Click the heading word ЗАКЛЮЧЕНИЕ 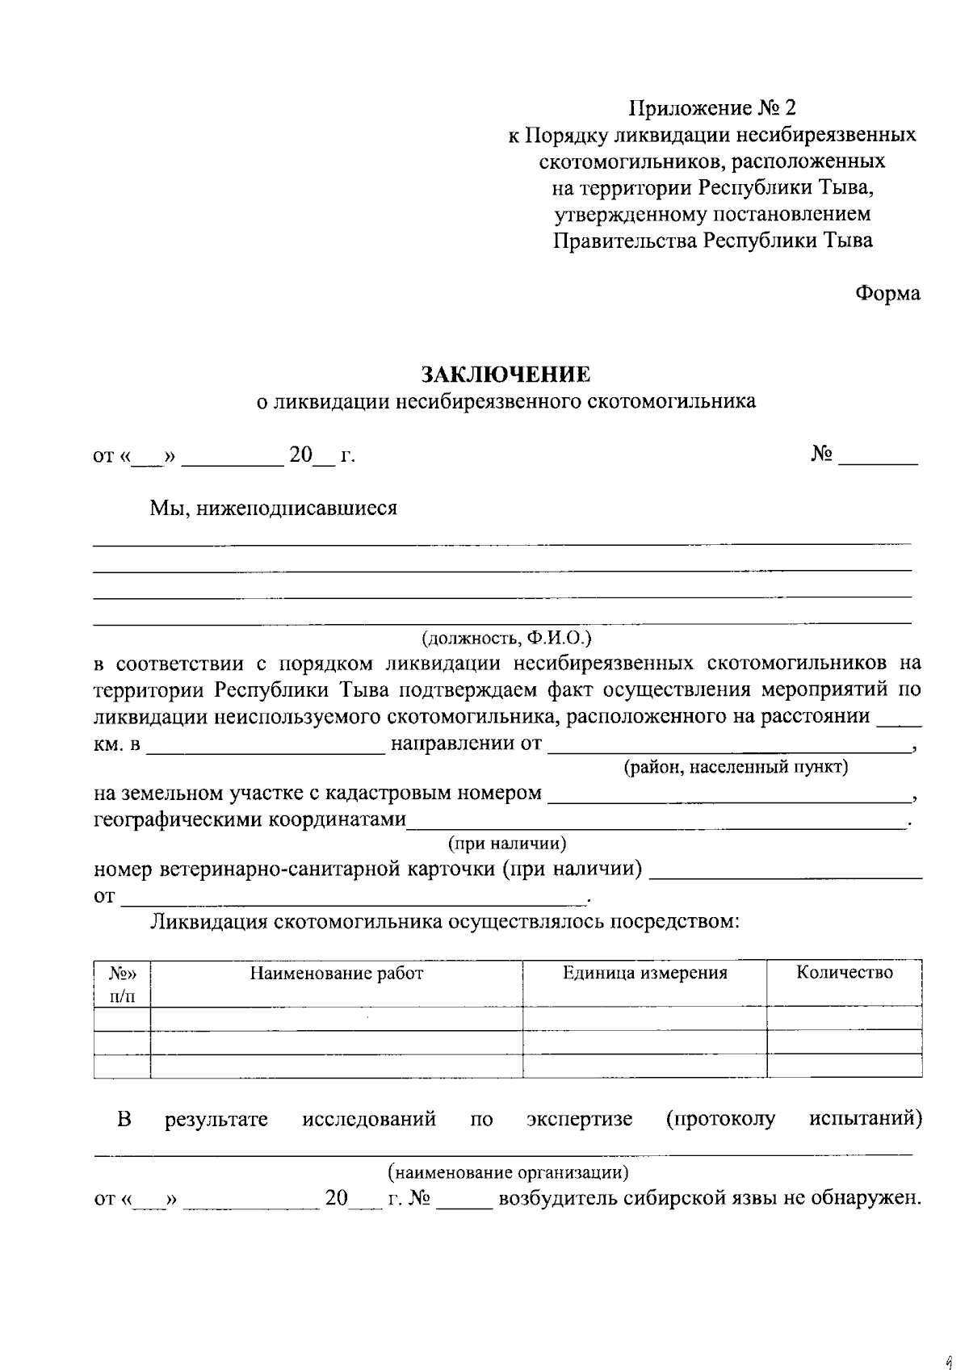tap(505, 375)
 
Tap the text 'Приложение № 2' tap(712, 107)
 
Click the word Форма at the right tap(887, 294)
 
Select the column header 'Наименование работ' tap(336, 973)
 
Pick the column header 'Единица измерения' tap(644, 973)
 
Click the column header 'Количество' tap(844, 972)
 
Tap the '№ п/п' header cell tap(123, 984)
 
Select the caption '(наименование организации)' tap(508, 1171)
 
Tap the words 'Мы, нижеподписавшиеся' tap(273, 509)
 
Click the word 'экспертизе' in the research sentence tap(579, 1119)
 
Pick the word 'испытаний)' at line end tap(865, 1119)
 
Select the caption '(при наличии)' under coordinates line tap(507, 844)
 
